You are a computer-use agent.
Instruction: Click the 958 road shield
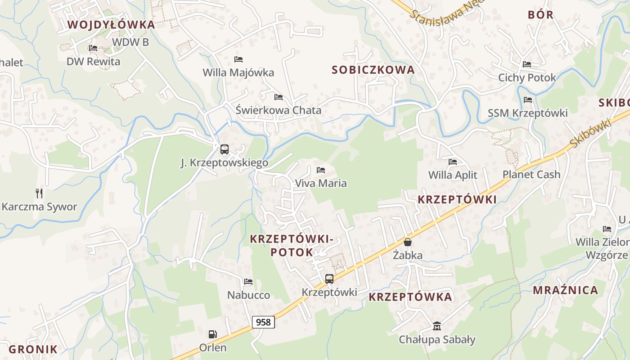pos(263,322)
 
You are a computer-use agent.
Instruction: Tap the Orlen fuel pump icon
pos(213,334)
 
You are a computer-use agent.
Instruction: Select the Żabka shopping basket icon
pos(408,243)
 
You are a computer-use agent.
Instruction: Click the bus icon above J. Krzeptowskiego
pos(224,149)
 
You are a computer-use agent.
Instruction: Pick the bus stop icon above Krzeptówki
pos(329,279)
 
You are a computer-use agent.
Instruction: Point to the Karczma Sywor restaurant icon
pos(39,193)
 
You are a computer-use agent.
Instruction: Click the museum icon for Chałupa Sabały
pos(437,326)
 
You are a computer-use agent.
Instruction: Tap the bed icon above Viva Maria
pos(321,170)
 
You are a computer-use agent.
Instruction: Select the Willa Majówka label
pos(238,72)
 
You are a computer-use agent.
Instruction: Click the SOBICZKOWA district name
pos(373,70)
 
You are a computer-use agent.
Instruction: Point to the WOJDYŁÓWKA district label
pos(111,25)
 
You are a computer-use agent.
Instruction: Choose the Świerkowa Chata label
pos(279,110)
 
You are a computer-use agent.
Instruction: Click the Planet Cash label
pos(531,175)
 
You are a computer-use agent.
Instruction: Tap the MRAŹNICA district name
pos(566,290)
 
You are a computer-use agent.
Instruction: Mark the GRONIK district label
pos(33,349)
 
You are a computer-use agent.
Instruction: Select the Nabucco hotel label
pos(248,295)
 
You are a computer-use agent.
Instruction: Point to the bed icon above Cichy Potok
pos(527,64)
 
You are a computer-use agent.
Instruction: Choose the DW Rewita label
pos(94,62)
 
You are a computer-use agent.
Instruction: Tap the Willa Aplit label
pos(453,175)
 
